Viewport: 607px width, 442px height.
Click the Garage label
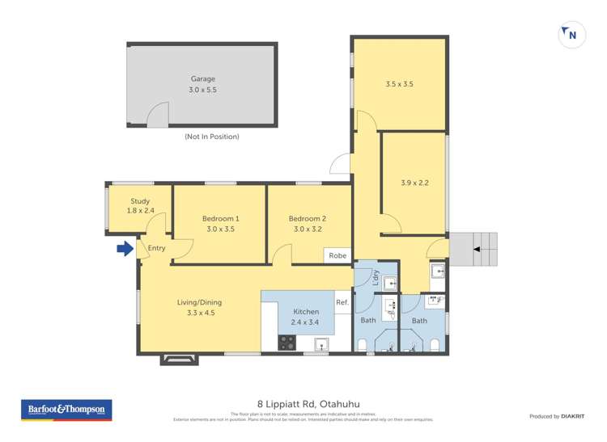click(202, 79)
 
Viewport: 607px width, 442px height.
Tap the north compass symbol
click(572, 36)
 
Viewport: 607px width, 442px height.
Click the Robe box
click(337, 255)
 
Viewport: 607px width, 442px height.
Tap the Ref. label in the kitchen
click(342, 303)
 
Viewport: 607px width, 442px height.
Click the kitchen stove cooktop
click(287, 343)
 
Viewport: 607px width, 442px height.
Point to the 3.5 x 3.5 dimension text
click(399, 83)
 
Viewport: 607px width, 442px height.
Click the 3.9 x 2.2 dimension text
click(414, 183)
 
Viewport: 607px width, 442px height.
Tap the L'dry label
click(376, 277)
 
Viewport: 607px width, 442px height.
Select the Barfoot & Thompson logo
click(66, 410)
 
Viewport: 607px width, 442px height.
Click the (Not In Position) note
click(211, 137)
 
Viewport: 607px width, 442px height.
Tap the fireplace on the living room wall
click(179, 359)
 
